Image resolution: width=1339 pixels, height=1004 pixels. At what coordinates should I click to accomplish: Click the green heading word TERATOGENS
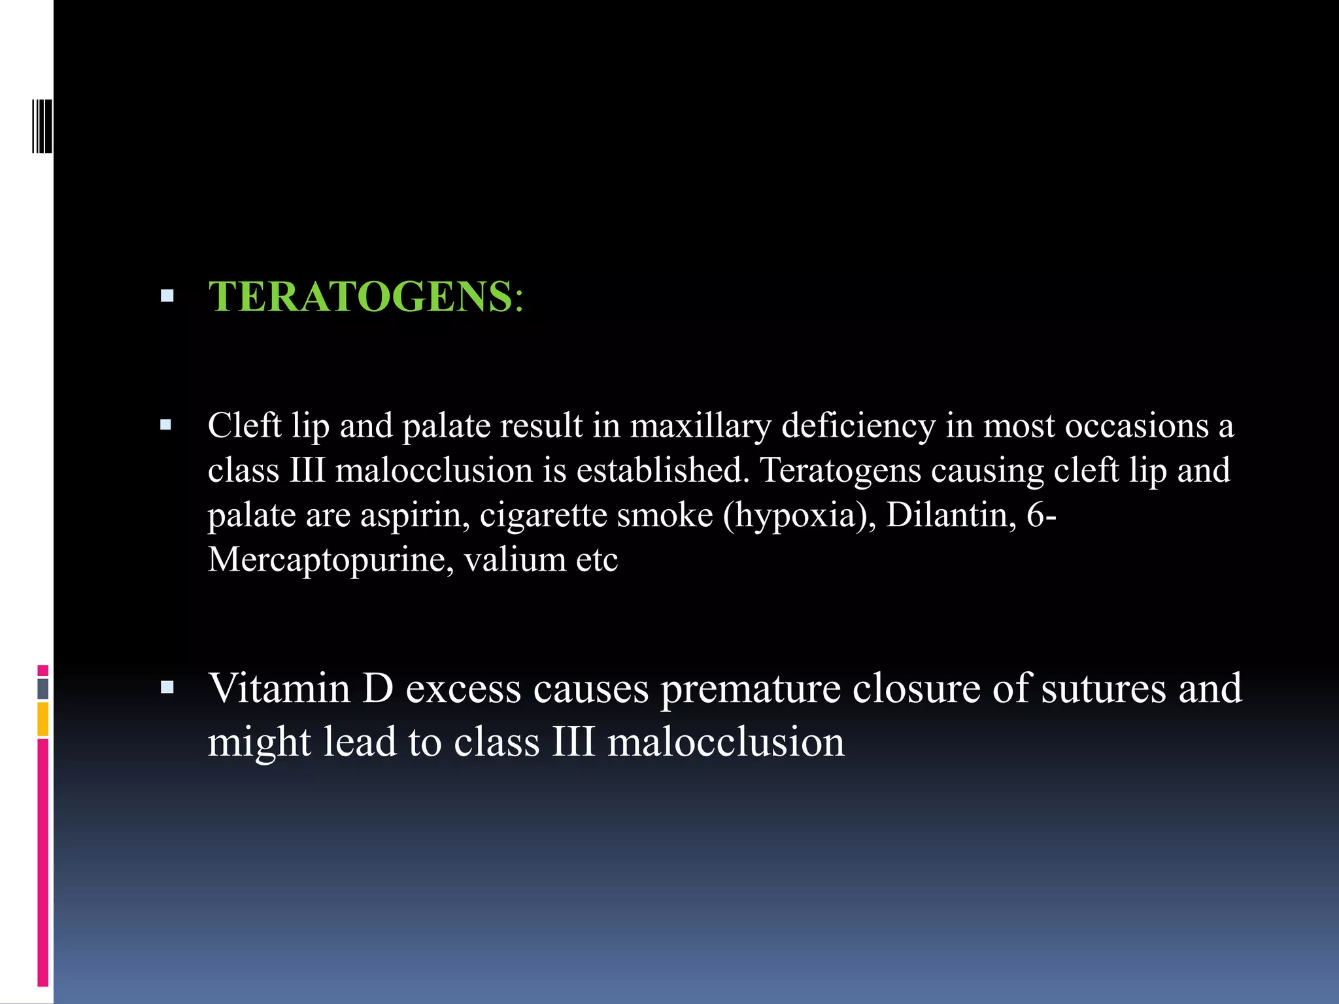coord(360,297)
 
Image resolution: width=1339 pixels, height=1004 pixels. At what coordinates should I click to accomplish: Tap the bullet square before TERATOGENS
coord(167,296)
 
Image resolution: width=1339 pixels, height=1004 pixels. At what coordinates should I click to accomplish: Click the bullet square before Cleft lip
coord(166,426)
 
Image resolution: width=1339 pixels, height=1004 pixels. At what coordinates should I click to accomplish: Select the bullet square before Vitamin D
coord(167,687)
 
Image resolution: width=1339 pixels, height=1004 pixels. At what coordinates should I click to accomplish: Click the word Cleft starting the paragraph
coord(244,426)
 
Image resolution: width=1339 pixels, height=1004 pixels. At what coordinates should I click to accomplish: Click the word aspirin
coord(415,516)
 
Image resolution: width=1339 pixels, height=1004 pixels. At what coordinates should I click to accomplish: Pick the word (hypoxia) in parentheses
coord(799,516)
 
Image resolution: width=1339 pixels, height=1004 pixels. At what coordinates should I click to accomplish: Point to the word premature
coord(750,690)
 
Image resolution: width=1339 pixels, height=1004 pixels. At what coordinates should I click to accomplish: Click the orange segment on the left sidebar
coord(42,719)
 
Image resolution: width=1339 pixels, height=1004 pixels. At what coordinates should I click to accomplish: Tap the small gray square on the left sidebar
coord(42,688)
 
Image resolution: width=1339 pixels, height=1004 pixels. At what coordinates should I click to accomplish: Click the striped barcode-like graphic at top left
coord(42,126)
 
